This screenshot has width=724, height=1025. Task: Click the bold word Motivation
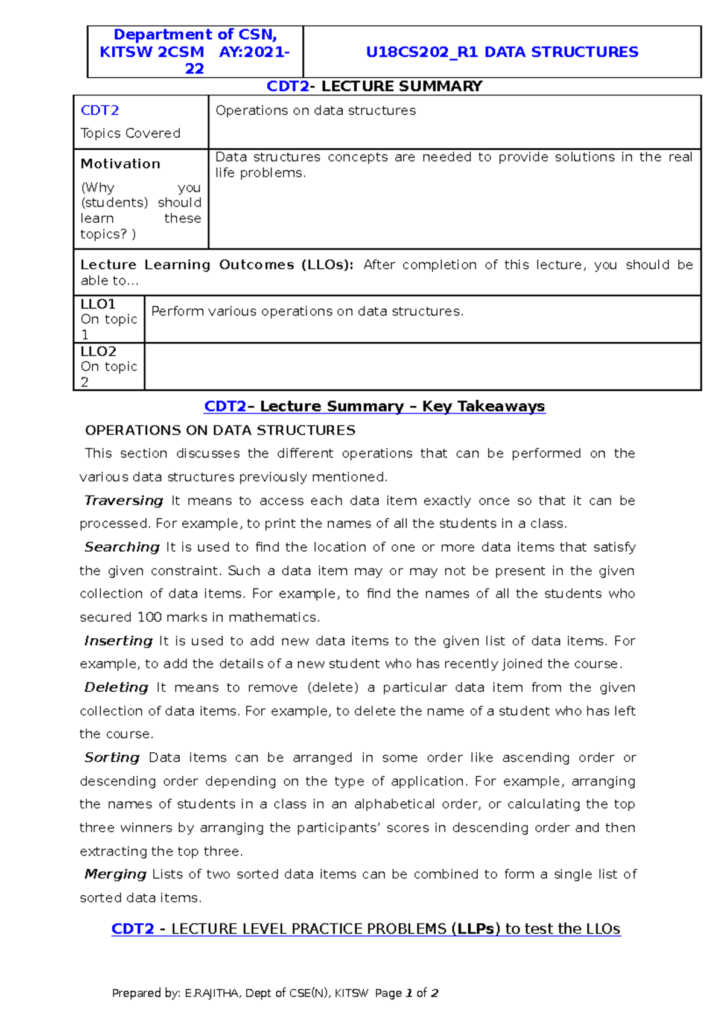(x=120, y=164)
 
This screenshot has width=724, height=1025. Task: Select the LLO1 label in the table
(x=98, y=304)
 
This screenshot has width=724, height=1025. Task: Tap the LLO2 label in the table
(x=98, y=351)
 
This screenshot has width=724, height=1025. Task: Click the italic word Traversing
(x=124, y=500)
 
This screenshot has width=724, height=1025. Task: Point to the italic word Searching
(x=122, y=547)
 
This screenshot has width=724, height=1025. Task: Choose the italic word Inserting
(x=118, y=640)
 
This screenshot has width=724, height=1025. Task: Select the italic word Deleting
(x=116, y=687)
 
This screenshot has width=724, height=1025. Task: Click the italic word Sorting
(x=112, y=757)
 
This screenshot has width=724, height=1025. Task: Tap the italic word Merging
(x=115, y=873)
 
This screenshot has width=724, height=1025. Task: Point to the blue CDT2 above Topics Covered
(x=100, y=110)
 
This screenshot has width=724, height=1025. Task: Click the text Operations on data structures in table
(x=316, y=110)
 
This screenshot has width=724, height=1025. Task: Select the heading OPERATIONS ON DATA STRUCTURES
(x=220, y=430)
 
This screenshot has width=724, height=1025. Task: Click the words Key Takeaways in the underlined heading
(x=483, y=406)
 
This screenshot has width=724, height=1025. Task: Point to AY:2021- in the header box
(x=254, y=52)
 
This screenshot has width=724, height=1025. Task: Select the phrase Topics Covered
(x=130, y=133)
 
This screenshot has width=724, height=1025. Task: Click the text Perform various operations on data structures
(x=307, y=311)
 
